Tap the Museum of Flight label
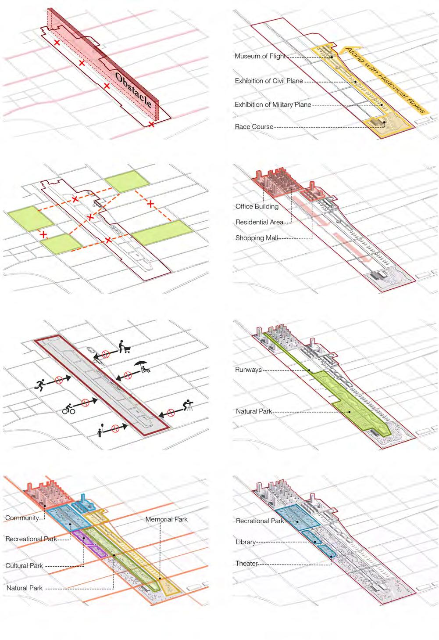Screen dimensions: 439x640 (x=260, y=56)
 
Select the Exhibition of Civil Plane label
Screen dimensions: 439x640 (x=269, y=81)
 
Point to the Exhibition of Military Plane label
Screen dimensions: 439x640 (x=273, y=105)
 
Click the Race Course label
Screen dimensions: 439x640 (x=254, y=127)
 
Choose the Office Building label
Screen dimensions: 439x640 (x=257, y=206)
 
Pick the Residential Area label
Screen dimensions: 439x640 (x=259, y=222)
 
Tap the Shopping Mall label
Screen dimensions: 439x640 (x=257, y=238)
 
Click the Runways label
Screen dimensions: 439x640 (x=248, y=370)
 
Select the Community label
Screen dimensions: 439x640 (x=22, y=518)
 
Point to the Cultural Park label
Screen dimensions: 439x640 (x=24, y=566)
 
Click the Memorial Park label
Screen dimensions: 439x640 (x=166, y=519)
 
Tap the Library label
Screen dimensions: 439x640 (x=246, y=542)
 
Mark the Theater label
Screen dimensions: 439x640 (x=246, y=563)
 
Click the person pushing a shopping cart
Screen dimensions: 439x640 (x=125, y=347)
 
